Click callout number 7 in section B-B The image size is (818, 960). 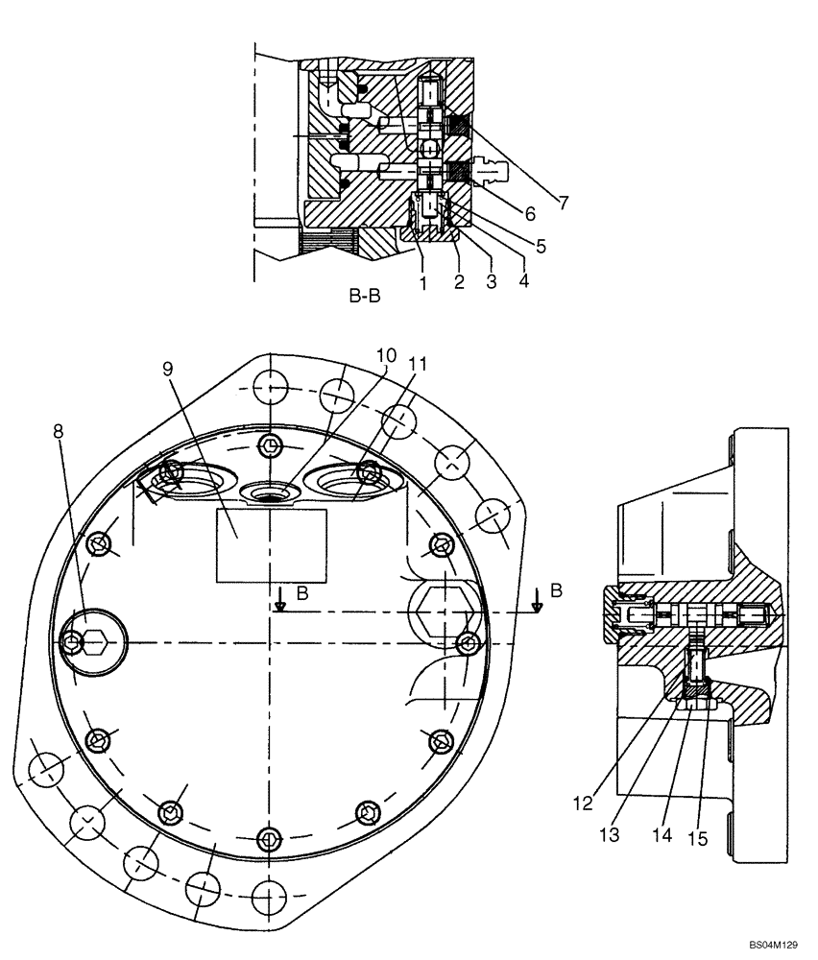click(x=563, y=203)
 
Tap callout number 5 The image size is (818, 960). click(x=541, y=246)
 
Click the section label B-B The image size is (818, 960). click(x=364, y=297)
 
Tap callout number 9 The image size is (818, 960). click(x=169, y=369)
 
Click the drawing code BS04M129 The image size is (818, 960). click(x=773, y=945)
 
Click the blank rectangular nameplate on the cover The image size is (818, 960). click(x=271, y=545)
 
